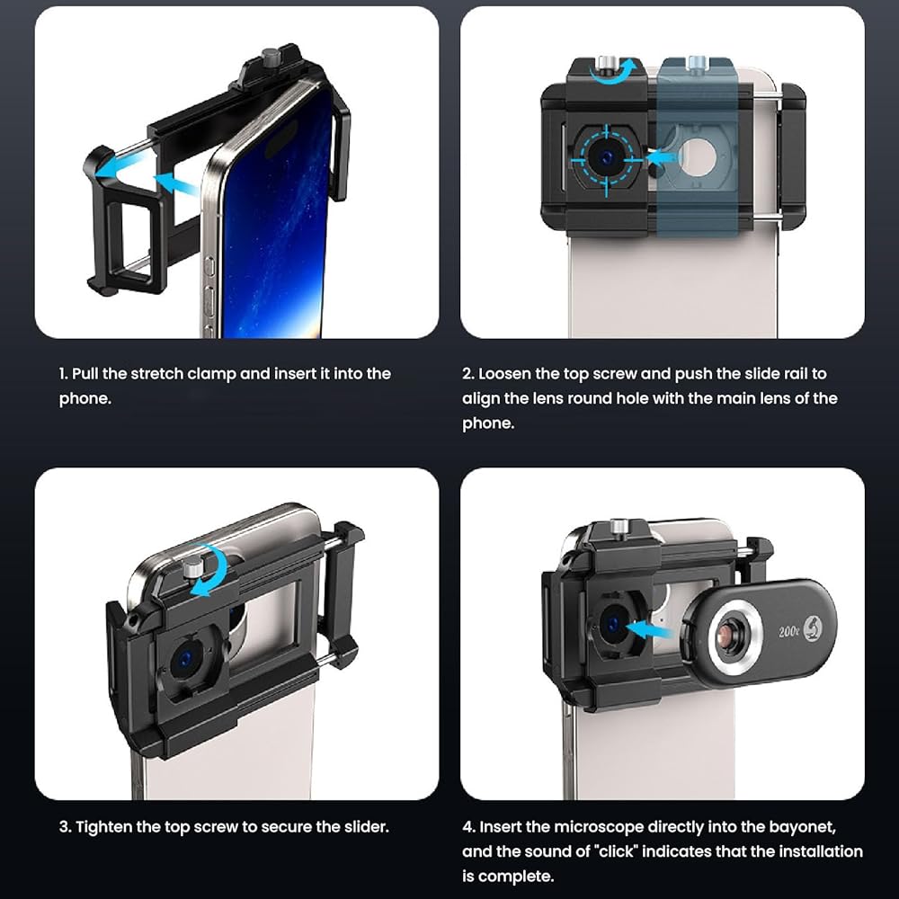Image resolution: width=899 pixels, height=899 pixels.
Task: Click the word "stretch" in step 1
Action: tap(156, 374)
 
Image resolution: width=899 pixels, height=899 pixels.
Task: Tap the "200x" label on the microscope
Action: tap(789, 632)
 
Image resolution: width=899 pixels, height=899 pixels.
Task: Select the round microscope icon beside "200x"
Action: tap(813, 627)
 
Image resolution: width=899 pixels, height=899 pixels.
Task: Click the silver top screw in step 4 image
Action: tap(619, 528)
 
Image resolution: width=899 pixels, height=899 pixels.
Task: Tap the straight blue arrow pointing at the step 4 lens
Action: tap(648, 629)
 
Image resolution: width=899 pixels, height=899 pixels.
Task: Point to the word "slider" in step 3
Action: tap(367, 827)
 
